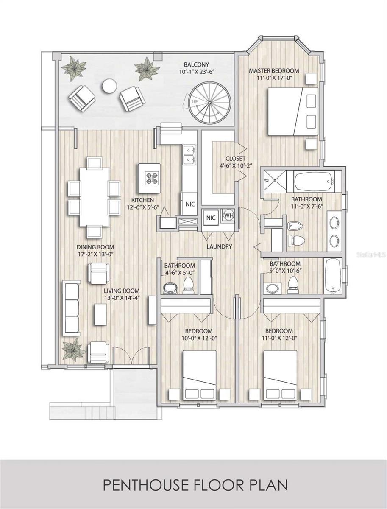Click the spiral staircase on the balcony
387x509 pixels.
tap(209, 102)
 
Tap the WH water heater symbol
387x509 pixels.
tap(229, 215)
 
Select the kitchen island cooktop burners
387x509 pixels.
tap(152, 178)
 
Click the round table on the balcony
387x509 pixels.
tap(109, 86)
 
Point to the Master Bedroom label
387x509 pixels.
tap(274, 70)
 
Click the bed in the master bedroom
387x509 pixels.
tap(293, 111)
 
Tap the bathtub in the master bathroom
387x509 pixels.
tap(314, 181)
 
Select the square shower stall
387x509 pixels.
tap(275, 181)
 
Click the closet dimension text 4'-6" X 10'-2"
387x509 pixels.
tap(235, 165)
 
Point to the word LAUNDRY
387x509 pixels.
tap(219, 246)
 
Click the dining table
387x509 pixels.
tap(95, 197)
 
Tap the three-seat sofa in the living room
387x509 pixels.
tap(71, 308)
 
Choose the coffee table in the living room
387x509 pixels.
tap(100, 314)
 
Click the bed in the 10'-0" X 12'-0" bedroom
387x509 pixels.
tap(200, 375)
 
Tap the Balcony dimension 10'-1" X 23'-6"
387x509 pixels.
tap(196, 72)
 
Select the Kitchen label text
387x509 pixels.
tap(142, 200)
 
